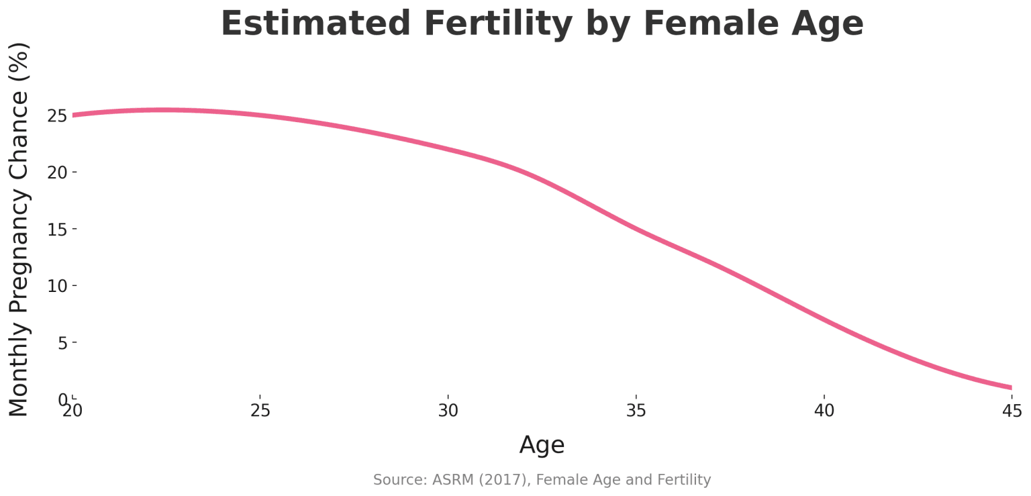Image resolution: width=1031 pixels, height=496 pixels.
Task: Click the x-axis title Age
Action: [542, 445]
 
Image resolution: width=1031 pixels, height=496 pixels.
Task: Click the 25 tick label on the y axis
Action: [58, 116]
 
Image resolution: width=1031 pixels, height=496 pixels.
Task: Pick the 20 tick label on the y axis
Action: [58, 172]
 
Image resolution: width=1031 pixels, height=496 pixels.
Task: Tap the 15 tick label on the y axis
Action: [58, 229]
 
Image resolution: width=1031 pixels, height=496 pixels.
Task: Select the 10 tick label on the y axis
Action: [58, 286]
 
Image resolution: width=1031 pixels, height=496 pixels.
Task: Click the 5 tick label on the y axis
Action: [62, 342]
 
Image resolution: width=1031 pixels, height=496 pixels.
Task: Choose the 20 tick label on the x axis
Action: [72, 410]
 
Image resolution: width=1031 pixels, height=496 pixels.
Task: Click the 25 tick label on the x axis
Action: [260, 410]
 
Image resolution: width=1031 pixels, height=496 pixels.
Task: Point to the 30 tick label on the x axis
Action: [448, 410]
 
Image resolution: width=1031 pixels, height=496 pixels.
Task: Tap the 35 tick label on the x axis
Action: [636, 410]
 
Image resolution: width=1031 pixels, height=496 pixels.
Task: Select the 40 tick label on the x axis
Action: [824, 410]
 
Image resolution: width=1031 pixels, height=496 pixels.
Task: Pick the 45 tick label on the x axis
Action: [1011, 410]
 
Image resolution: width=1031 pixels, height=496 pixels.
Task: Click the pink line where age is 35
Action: [636, 230]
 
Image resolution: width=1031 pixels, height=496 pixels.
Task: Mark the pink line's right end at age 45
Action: [1010, 387]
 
